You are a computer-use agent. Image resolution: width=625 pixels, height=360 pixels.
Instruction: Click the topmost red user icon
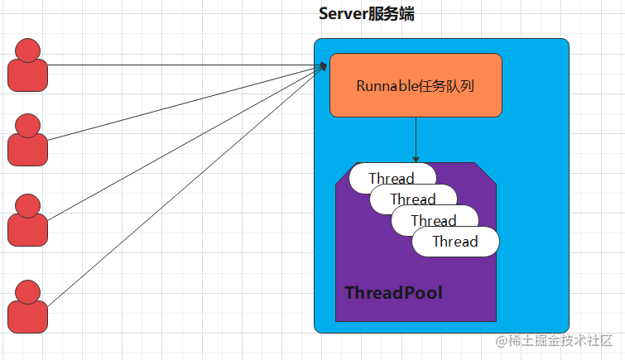coord(27,65)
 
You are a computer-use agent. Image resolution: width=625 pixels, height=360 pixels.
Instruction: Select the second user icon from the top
coord(27,141)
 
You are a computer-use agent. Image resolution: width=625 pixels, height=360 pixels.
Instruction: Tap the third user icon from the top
coord(27,220)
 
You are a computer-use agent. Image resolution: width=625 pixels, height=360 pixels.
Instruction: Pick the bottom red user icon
coord(27,307)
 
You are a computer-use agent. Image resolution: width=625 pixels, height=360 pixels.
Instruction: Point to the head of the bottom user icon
coord(27,291)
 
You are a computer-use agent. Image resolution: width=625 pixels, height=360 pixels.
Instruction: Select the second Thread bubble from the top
coord(413,199)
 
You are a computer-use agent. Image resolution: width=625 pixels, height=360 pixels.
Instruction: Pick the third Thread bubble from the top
coord(434,220)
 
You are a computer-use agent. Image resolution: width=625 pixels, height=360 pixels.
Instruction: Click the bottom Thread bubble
coord(455,242)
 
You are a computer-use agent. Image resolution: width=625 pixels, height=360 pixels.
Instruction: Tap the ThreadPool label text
coord(393,293)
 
